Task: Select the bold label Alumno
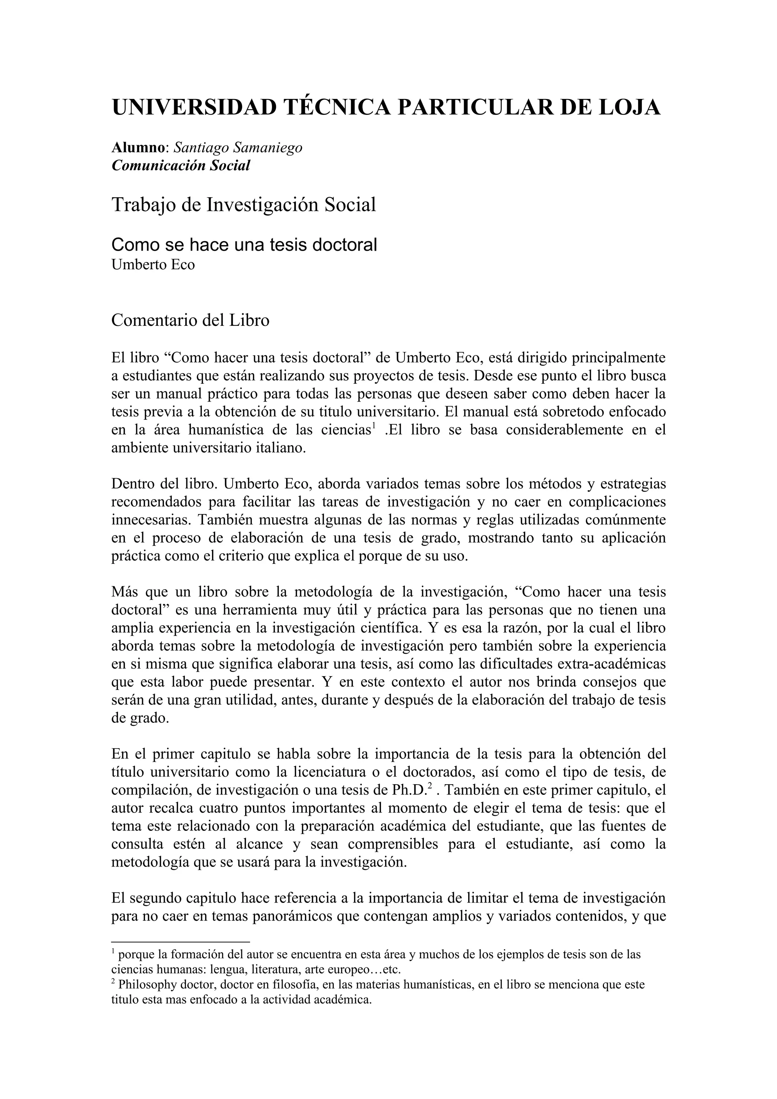coord(138,148)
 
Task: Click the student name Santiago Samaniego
coord(238,148)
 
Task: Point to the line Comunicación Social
coord(181,166)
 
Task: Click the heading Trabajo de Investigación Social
coord(244,204)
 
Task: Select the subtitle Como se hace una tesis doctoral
coord(244,245)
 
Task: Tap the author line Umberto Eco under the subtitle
coord(153,265)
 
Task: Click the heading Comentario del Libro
coord(190,320)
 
